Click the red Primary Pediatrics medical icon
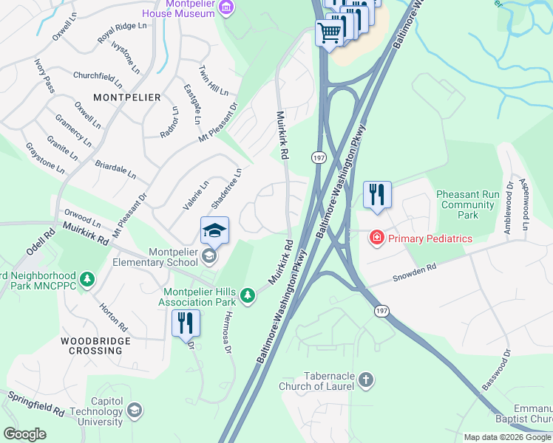click(x=377, y=238)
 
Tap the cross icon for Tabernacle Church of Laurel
click(x=365, y=380)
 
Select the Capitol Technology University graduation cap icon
click(x=134, y=409)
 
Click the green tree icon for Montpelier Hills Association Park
click(x=246, y=296)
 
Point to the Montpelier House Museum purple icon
click(x=227, y=8)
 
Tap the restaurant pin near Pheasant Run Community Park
click(x=377, y=195)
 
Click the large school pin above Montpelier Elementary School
click(x=214, y=230)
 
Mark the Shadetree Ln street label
click(x=226, y=188)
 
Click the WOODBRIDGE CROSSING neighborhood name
click(x=95, y=346)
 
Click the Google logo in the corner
click(x=24, y=434)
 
